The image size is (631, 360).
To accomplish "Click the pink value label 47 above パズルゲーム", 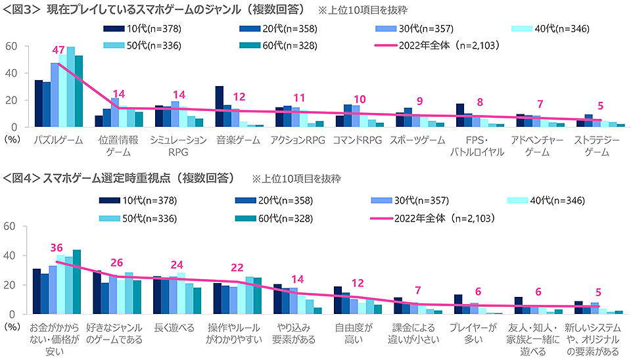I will tap(57, 50).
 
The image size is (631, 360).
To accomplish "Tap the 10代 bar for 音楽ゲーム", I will tap(220, 106).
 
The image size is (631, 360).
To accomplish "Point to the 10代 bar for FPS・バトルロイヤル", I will tap(460, 115).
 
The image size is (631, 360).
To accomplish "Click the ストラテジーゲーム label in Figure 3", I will tap(596, 146).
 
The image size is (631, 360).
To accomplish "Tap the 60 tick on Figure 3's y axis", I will tap(11, 46).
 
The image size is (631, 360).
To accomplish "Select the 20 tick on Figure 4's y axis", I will tap(11, 285).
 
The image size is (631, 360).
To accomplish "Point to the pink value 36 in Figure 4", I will tap(57, 248).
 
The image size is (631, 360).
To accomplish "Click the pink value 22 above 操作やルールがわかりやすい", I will tap(237, 267).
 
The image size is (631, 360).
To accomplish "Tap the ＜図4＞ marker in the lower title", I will tap(20, 178).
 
